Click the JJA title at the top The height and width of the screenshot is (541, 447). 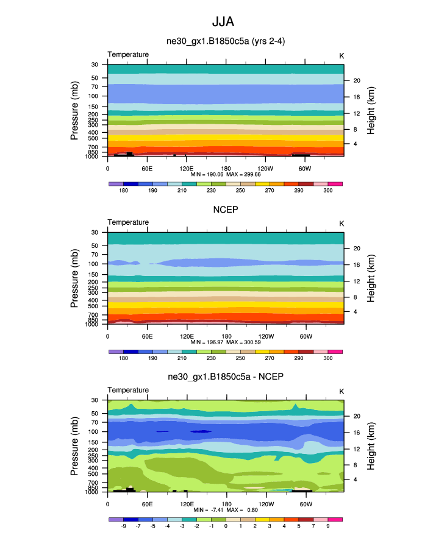point(223,23)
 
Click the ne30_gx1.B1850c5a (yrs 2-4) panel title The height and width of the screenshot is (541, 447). point(226,42)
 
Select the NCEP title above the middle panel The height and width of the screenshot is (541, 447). point(226,210)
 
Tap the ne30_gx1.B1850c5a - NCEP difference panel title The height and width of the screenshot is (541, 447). point(226,377)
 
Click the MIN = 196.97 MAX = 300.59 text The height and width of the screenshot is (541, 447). point(226,342)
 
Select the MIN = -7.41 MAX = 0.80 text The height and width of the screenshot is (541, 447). point(226,509)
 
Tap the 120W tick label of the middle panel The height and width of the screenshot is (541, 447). point(266,335)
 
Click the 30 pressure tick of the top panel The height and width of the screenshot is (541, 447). point(95,65)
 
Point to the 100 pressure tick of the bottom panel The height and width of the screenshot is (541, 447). point(94,432)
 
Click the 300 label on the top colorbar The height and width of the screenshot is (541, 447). point(327,190)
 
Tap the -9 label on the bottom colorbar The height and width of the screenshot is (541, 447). point(123,525)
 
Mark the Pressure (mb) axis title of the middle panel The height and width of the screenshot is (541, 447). point(75,278)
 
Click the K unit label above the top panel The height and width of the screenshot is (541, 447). point(342,55)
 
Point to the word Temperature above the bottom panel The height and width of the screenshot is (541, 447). point(128,390)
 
